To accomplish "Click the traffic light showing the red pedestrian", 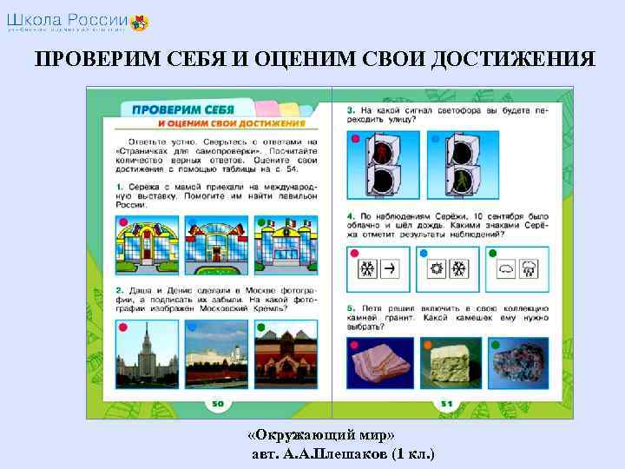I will pyautogui.click(x=381, y=165).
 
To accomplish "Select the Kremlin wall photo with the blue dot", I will pyautogui.click(x=212, y=351).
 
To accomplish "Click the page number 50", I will pyautogui.click(x=218, y=405).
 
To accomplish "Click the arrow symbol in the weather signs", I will pyautogui.click(x=390, y=268).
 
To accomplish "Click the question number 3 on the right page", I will pyautogui.click(x=350, y=111).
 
